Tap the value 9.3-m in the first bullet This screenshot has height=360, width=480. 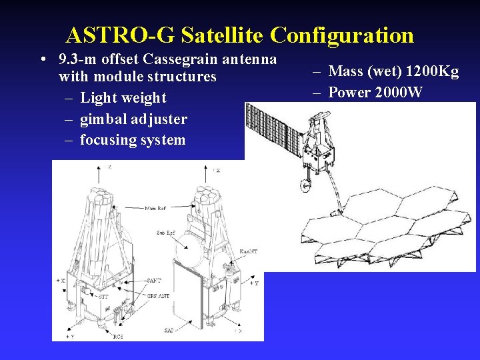pos(79,59)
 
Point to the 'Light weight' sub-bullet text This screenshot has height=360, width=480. pos(123,98)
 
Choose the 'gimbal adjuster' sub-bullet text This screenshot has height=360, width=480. pos(133,119)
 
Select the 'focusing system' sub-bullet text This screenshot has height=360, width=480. pos(133,140)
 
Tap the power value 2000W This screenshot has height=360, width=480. pos(399,92)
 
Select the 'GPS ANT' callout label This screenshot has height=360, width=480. pos(158,295)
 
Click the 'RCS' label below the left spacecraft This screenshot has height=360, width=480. pos(119,337)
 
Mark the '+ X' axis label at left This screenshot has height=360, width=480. pos(61,281)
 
